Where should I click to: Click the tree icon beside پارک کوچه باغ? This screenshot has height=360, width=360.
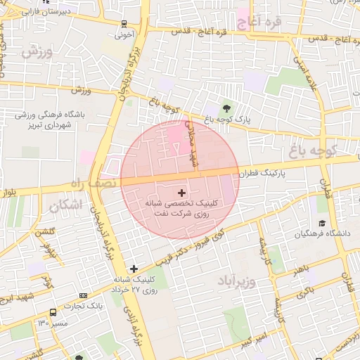point(226,108)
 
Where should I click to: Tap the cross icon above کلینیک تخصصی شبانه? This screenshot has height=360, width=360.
point(181,192)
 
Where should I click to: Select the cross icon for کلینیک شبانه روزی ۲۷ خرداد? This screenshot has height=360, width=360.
point(134,268)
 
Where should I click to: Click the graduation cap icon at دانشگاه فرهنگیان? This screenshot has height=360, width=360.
point(322,224)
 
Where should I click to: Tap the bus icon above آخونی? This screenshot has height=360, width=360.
point(124,22)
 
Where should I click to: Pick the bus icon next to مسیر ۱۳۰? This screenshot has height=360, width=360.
point(53,313)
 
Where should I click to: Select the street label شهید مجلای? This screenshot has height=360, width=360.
point(190,144)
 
